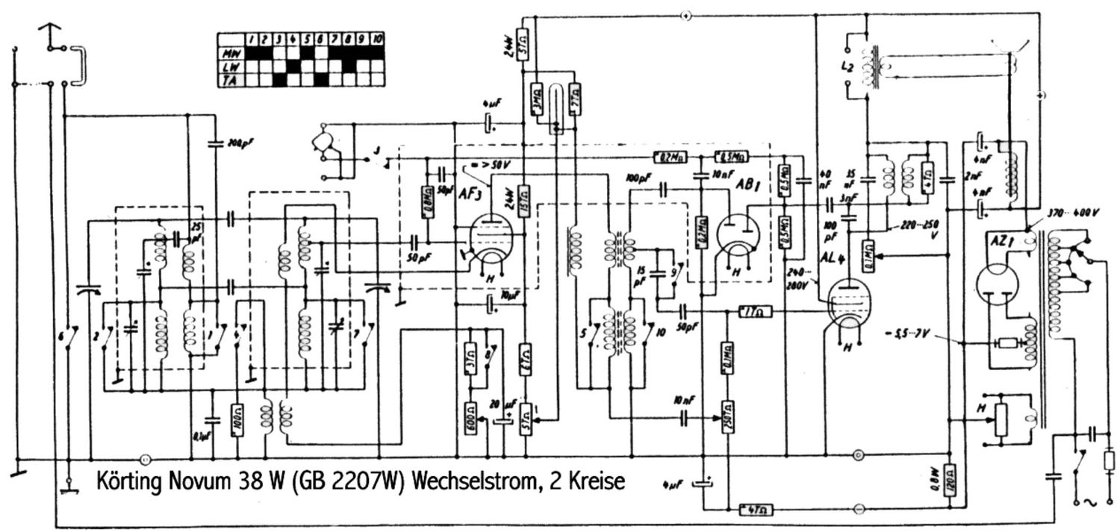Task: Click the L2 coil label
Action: coord(847,67)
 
